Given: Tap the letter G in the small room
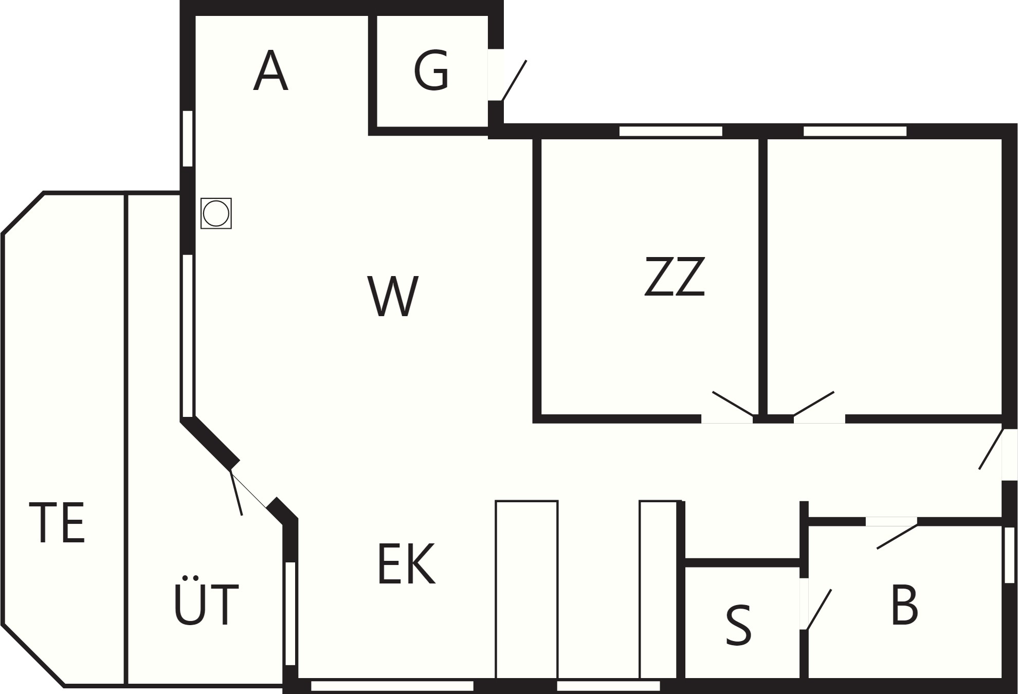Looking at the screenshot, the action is point(431,71).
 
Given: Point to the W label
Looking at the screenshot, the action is point(393,296).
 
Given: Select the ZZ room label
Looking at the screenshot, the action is point(674,277).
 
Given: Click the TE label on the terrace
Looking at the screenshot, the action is point(57,523).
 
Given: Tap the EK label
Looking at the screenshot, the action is point(406,564).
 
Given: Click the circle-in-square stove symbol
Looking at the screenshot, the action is point(216,213).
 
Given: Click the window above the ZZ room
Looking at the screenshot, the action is point(670,131).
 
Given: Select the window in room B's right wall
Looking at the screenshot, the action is point(1009,555).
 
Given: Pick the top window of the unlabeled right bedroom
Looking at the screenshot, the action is point(855,131).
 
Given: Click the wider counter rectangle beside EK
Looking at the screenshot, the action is point(526,589).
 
